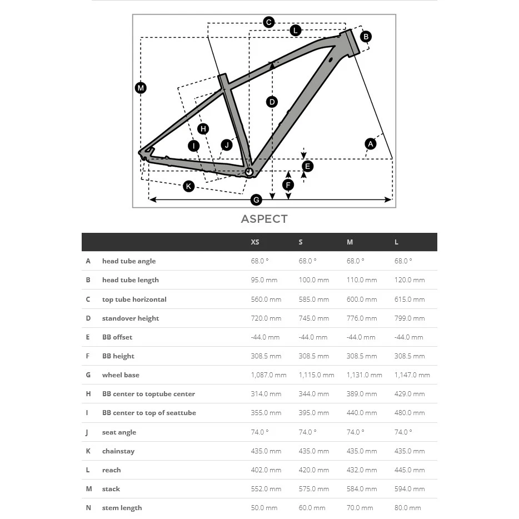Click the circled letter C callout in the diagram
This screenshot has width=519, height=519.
point(268,22)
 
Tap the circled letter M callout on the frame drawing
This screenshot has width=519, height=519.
point(141,88)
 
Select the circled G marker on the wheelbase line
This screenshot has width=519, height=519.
point(256,199)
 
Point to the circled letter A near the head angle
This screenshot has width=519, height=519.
point(371,144)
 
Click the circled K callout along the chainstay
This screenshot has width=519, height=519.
point(189,186)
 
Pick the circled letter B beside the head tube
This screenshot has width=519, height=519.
point(366,37)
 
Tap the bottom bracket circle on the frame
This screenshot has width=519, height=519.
point(249,172)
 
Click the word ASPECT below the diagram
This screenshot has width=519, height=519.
point(264,219)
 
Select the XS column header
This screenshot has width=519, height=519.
point(255,242)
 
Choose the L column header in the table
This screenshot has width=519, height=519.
point(396,242)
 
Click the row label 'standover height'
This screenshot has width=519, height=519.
point(131,318)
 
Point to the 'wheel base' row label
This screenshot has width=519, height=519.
point(121,375)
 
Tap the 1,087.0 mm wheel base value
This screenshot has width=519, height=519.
point(268,375)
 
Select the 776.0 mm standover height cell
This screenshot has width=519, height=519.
point(362,318)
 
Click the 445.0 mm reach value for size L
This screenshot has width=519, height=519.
point(410,470)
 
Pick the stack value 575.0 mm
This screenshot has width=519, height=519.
point(314,489)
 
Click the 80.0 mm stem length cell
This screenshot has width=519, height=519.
point(407,508)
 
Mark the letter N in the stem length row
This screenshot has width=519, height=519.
point(88,508)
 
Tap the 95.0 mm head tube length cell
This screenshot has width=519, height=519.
point(264,280)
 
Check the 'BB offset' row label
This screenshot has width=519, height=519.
point(117,337)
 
